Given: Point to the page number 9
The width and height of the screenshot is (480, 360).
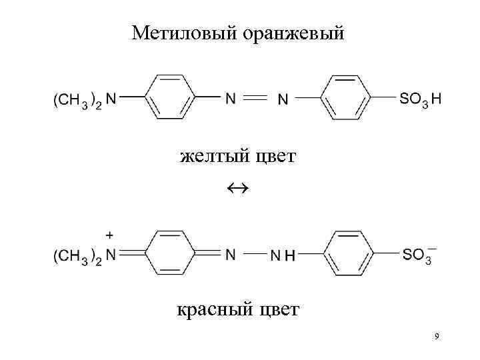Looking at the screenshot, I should pos(436,337).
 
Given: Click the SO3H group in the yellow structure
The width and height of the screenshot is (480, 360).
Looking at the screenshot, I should pos(420,99).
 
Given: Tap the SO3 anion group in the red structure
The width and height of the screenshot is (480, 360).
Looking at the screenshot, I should pos(417,255).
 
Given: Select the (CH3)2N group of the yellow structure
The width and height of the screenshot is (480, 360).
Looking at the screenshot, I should pos(84,99).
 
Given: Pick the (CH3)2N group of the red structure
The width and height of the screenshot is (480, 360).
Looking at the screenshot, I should pos(84,255).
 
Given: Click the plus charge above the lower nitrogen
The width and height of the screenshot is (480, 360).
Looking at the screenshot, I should pos(110,235).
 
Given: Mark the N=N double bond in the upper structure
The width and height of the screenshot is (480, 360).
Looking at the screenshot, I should pos(254,98).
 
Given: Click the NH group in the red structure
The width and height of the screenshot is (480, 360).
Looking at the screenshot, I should pos(283,255).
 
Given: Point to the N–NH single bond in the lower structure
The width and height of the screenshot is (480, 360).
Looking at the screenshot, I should pos(254,253).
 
